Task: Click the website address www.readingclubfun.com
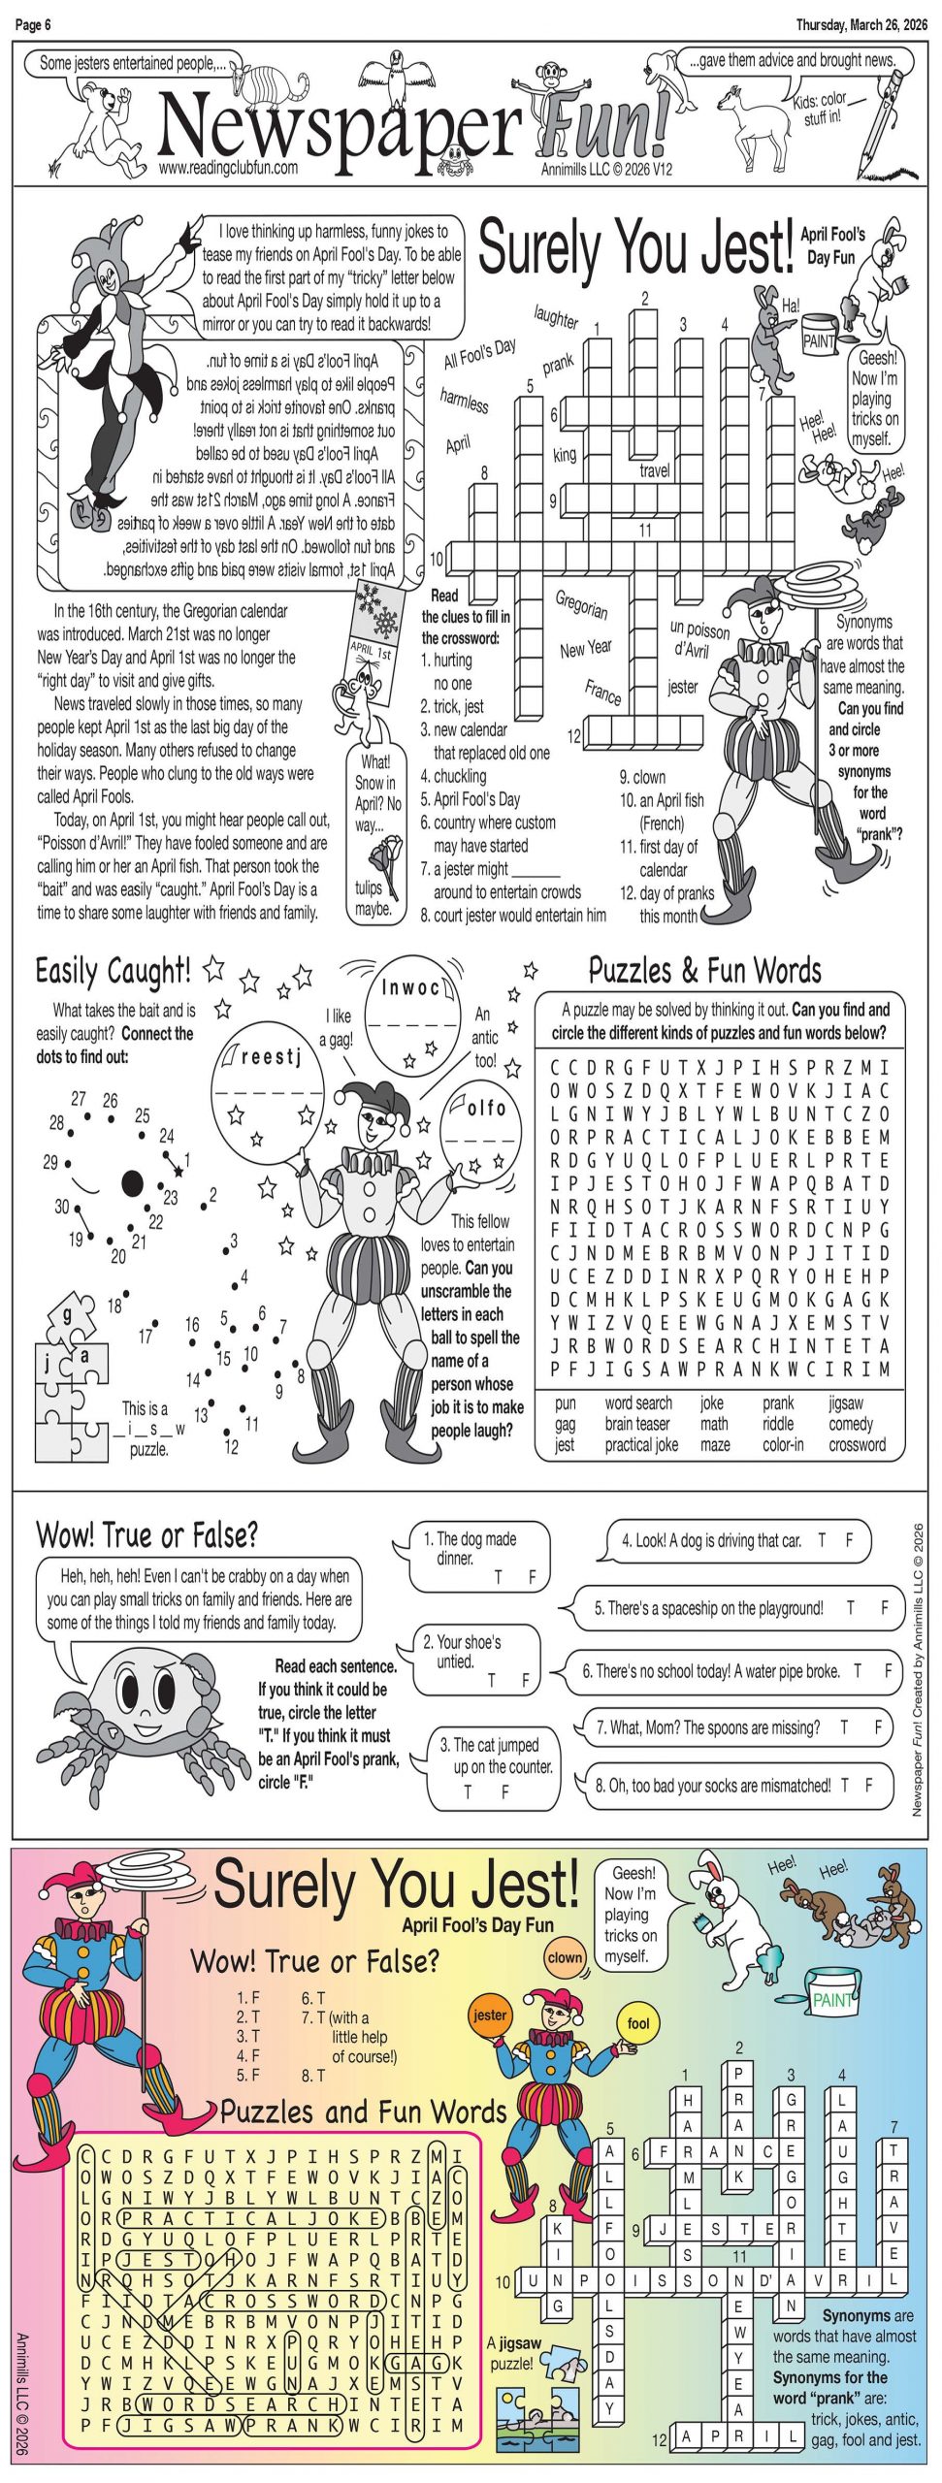click(228, 167)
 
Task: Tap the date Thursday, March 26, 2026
click(861, 25)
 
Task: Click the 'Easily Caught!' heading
click(113, 971)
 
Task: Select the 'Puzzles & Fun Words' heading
click(704, 970)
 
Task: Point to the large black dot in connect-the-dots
click(133, 1183)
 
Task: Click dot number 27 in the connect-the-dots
click(79, 1099)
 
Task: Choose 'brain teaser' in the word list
click(636, 1424)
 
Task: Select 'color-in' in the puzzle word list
click(783, 1444)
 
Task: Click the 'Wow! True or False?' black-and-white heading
click(146, 1534)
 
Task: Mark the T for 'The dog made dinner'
click(499, 1577)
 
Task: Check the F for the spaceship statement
click(884, 1607)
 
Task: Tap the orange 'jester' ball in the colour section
click(489, 2015)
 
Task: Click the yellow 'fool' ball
click(638, 2023)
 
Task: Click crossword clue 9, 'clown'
click(642, 777)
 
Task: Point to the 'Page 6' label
click(33, 25)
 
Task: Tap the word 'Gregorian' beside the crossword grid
click(581, 604)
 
